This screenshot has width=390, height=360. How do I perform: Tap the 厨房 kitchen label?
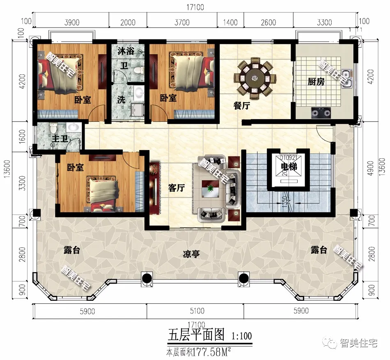pos(316,82)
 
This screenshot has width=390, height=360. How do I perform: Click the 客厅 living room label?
pos(177,188)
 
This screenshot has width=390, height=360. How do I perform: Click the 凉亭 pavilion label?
pos(191,254)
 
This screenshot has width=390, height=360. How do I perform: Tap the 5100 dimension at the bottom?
pos(195,312)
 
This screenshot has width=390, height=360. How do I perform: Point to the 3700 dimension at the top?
pos(182,22)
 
